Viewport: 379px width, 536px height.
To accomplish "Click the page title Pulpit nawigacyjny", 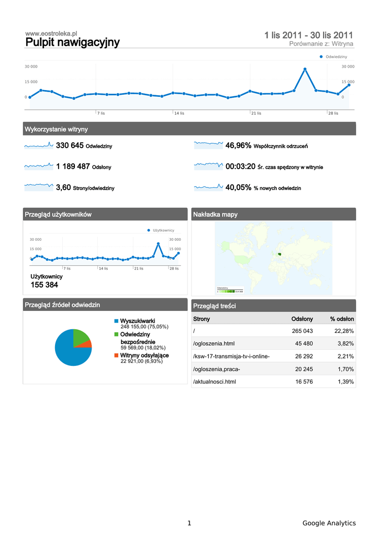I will (72, 42).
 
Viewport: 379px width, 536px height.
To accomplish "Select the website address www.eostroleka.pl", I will (51, 33).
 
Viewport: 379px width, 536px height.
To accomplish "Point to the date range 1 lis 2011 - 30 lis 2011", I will (308, 36).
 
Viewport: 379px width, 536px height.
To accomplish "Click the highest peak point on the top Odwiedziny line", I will (305, 69).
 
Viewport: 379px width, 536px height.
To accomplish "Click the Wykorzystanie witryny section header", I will (56, 129).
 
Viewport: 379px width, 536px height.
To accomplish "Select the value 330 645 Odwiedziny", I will (70, 146).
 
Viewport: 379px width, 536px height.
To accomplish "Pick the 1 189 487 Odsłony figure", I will (73, 166).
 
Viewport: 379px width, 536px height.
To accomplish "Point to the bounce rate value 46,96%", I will (238, 146).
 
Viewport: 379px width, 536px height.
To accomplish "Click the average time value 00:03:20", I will (240, 166).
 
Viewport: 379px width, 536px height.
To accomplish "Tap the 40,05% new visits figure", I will (238, 187).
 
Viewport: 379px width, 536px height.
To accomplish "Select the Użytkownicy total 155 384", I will (44, 285).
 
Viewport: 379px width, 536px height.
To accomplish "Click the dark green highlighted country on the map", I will (280, 254).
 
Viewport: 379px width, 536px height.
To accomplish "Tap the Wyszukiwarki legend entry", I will (137, 321).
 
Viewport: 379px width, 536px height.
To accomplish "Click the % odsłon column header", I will (342, 319).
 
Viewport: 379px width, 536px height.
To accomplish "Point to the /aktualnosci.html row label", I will (215, 382).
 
